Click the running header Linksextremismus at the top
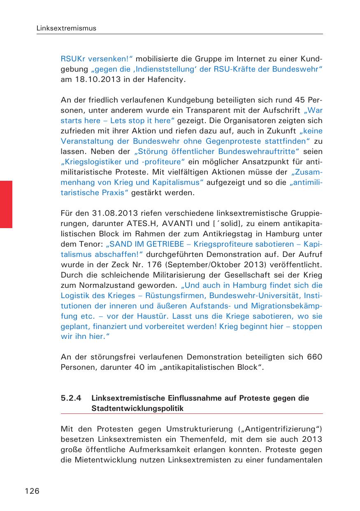tap(66, 28)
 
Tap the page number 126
tap(32, 490)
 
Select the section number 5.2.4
tap(72, 398)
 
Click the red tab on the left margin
tap(6, 204)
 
